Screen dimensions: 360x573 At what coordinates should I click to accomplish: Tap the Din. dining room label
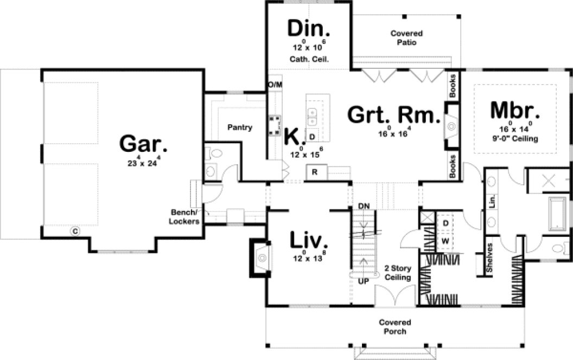tap(309, 28)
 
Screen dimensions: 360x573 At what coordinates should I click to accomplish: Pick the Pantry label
tap(239, 128)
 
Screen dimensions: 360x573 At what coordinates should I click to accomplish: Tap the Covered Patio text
tap(406, 38)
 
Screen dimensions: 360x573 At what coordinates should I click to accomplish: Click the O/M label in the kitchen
tap(276, 85)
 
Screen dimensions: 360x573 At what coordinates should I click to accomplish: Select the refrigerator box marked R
tap(315, 172)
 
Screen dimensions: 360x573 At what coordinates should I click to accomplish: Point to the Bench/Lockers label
tap(184, 217)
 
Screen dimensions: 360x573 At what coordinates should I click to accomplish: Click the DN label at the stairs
tap(364, 207)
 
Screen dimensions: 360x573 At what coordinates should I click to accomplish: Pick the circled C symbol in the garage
tap(75, 232)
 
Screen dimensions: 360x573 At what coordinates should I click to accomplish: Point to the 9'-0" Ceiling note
tap(514, 139)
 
